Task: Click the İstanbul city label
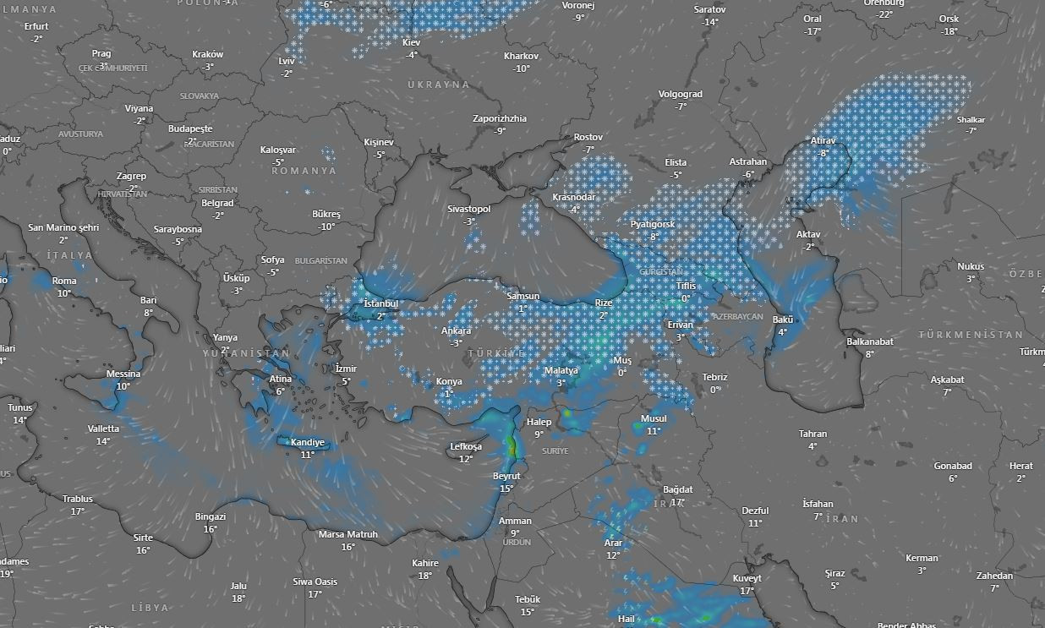click(x=380, y=303)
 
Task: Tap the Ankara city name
click(x=457, y=330)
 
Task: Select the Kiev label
click(x=411, y=42)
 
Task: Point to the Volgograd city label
click(x=680, y=94)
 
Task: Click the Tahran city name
click(x=812, y=434)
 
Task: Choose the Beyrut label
click(x=506, y=476)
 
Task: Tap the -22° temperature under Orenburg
click(x=884, y=14)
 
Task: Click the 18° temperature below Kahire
click(x=425, y=576)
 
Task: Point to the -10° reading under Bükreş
click(x=326, y=227)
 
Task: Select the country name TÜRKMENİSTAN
click(x=971, y=335)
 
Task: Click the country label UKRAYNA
click(x=438, y=85)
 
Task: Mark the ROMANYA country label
click(x=304, y=171)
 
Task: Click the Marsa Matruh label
click(x=347, y=534)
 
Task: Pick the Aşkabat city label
click(x=947, y=380)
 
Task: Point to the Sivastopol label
click(x=468, y=209)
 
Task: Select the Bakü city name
click(x=783, y=319)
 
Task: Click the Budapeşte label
click(x=190, y=128)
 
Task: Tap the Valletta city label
click(x=103, y=429)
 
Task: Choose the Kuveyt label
click(x=747, y=578)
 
